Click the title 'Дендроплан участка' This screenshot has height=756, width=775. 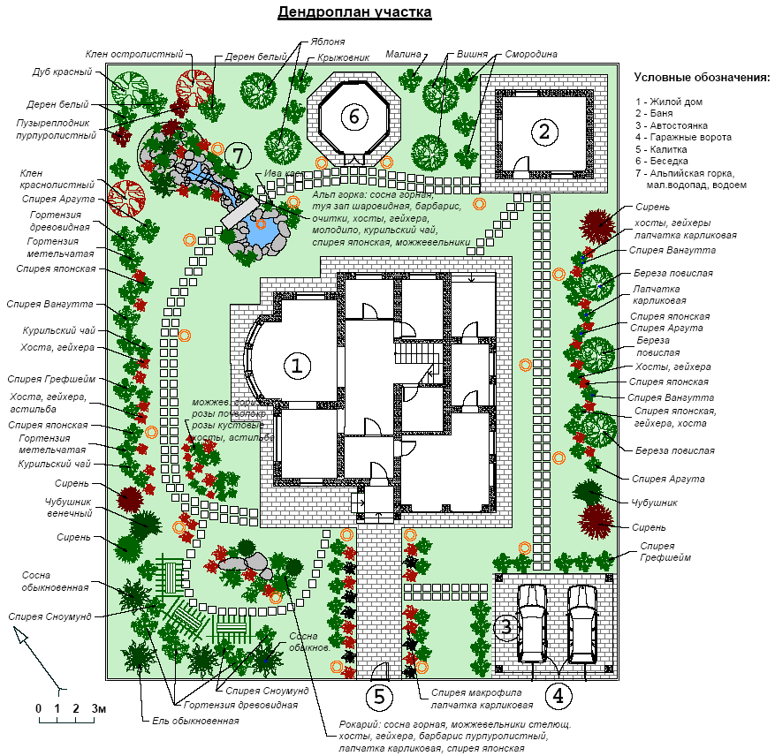(354, 12)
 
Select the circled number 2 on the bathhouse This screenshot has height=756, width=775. (543, 132)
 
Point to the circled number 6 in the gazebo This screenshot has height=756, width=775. (353, 116)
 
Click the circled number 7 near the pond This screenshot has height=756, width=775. (236, 155)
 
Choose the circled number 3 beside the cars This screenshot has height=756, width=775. (505, 628)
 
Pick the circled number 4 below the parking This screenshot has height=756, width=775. (558, 696)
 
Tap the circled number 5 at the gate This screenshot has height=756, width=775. (379, 696)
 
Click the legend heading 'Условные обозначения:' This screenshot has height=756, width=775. (703, 78)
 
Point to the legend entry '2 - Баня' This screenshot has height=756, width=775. (658, 114)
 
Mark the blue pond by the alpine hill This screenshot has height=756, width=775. (260, 231)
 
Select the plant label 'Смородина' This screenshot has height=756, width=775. (531, 54)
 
